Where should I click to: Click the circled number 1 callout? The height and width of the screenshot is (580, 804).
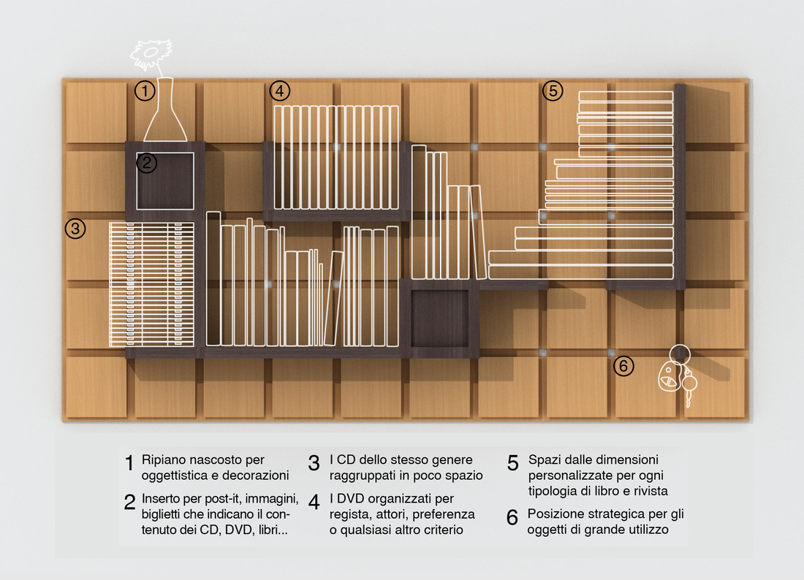click(x=145, y=91)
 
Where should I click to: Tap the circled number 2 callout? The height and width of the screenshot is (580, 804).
click(x=147, y=163)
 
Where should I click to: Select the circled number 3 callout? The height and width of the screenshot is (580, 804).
click(x=75, y=229)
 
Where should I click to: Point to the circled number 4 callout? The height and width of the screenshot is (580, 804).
click(x=279, y=91)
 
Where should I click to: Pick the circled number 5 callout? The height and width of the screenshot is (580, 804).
click(x=553, y=91)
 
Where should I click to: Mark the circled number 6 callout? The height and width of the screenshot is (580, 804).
click(x=623, y=366)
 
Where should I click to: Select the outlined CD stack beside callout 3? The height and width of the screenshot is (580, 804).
click(x=152, y=284)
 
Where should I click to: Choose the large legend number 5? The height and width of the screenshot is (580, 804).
click(x=513, y=463)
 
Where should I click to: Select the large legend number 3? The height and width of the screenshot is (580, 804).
click(x=314, y=463)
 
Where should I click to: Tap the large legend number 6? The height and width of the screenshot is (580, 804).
click(x=512, y=517)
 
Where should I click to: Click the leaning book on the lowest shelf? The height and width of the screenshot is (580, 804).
click(x=334, y=298)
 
